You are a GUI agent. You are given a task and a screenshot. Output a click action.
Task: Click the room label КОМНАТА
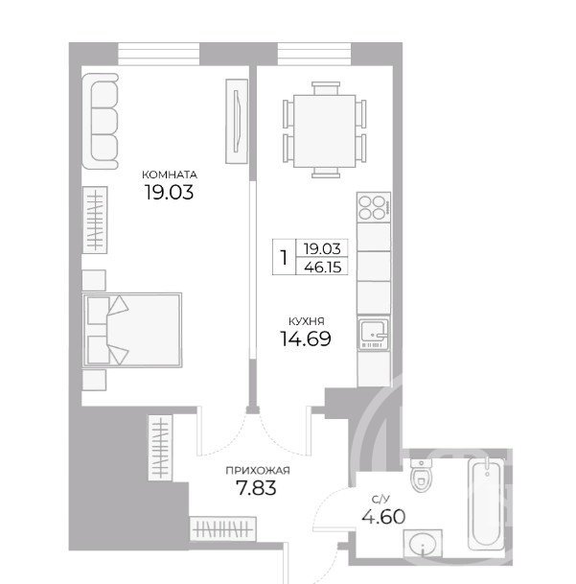point(170,175)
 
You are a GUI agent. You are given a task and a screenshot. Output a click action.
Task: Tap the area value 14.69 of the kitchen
point(306,339)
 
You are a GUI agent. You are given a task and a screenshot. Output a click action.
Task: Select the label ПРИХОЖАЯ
point(258,471)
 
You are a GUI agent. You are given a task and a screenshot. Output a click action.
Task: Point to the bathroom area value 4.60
point(383,517)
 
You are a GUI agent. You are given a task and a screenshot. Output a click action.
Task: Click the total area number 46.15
point(322,267)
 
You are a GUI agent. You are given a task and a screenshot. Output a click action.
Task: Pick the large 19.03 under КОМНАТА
point(169,193)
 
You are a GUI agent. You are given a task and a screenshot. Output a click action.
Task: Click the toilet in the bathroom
point(421,475)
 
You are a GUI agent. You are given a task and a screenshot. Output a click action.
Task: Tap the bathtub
point(487,503)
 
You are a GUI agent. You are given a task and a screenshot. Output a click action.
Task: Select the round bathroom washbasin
point(423,545)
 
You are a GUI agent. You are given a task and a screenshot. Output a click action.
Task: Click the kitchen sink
point(374,334)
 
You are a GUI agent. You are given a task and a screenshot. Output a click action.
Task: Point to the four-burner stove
point(374,207)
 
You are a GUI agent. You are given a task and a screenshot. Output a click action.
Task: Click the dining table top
point(324,131)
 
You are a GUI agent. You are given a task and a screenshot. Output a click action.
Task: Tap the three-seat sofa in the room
point(101,121)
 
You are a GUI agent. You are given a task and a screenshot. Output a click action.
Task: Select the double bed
point(132,330)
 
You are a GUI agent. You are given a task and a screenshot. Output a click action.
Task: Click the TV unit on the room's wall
point(237,121)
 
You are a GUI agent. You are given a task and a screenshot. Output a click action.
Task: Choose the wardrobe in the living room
point(95,221)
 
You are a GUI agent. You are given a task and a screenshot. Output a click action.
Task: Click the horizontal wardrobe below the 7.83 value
point(222,528)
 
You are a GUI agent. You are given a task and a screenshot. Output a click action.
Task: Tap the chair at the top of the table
point(326,88)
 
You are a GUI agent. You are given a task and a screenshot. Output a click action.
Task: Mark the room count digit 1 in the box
point(284,257)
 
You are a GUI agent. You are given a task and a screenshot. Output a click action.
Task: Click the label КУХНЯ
point(307,321)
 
